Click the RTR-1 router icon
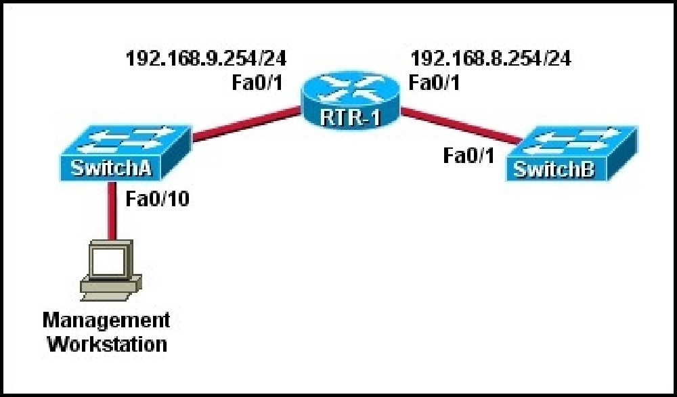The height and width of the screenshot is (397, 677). click(x=351, y=100)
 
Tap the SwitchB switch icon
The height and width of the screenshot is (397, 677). click(x=571, y=154)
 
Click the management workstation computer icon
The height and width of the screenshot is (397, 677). click(x=111, y=271)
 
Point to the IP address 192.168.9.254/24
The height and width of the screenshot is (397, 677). click(x=206, y=58)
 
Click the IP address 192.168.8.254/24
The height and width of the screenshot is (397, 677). click(x=490, y=58)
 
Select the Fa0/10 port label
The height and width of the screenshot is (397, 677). click(x=158, y=200)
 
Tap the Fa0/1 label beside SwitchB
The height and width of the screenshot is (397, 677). click(x=469, y=156)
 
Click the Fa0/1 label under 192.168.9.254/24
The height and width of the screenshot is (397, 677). click(x=257, y=83)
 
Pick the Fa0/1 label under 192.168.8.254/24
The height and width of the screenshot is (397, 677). click(x=434, y=83)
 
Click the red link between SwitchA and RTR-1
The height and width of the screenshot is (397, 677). click(x=246, y=124)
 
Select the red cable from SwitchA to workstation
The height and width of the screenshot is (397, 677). click(x=112, y=211)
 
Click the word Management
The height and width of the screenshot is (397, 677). click(x=106, y=321)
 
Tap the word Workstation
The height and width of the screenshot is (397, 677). click(x=107, y=345)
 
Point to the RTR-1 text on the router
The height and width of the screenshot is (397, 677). click(x=351, y=118)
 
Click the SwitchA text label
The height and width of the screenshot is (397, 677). click(x=111, y=168)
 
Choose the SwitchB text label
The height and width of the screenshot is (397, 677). click(x=554, y=170)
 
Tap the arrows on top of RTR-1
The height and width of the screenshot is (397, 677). click(x=351, y=89)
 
